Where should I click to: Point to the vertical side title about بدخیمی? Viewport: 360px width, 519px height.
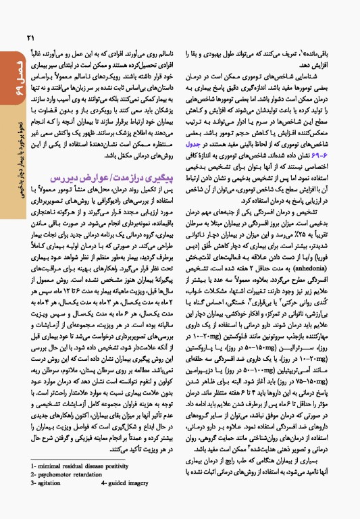tap(9, 189)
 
